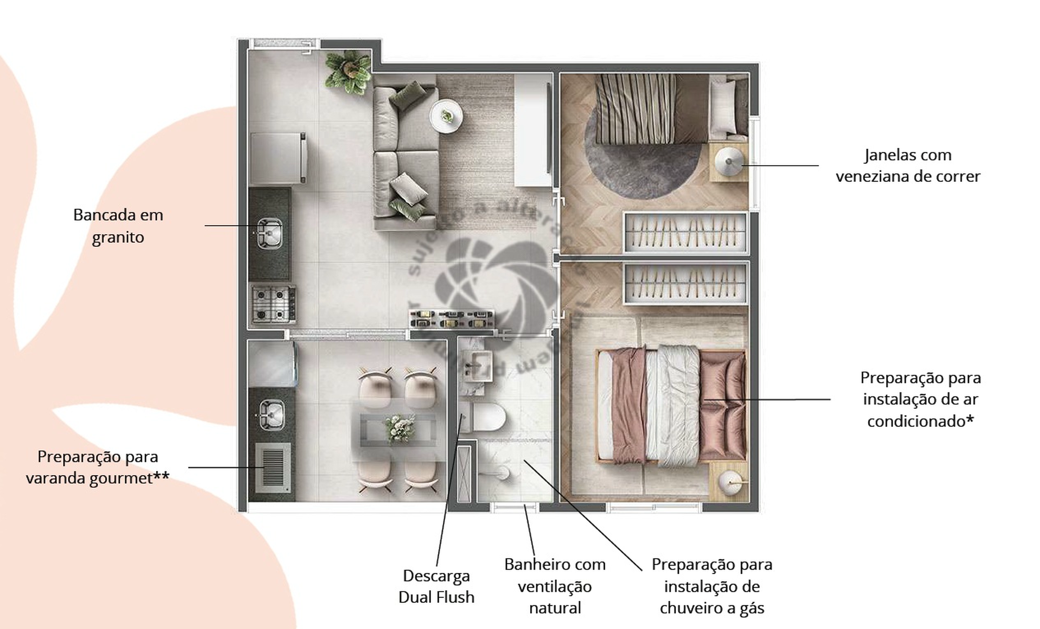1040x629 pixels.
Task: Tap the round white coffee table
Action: (446, 116)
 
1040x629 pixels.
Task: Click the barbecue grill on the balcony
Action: (273, 468)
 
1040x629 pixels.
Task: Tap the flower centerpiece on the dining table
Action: (400, 428)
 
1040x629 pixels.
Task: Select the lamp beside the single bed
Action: (729, 161)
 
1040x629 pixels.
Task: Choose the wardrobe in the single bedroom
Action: (685, 233)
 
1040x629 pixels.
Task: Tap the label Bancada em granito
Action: (118, 226)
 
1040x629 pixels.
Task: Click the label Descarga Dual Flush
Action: (436, 586)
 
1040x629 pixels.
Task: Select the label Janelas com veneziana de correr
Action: (908, 166)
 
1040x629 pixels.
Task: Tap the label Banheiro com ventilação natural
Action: (555, 586)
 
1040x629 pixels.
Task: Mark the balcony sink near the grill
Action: (271, 415)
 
